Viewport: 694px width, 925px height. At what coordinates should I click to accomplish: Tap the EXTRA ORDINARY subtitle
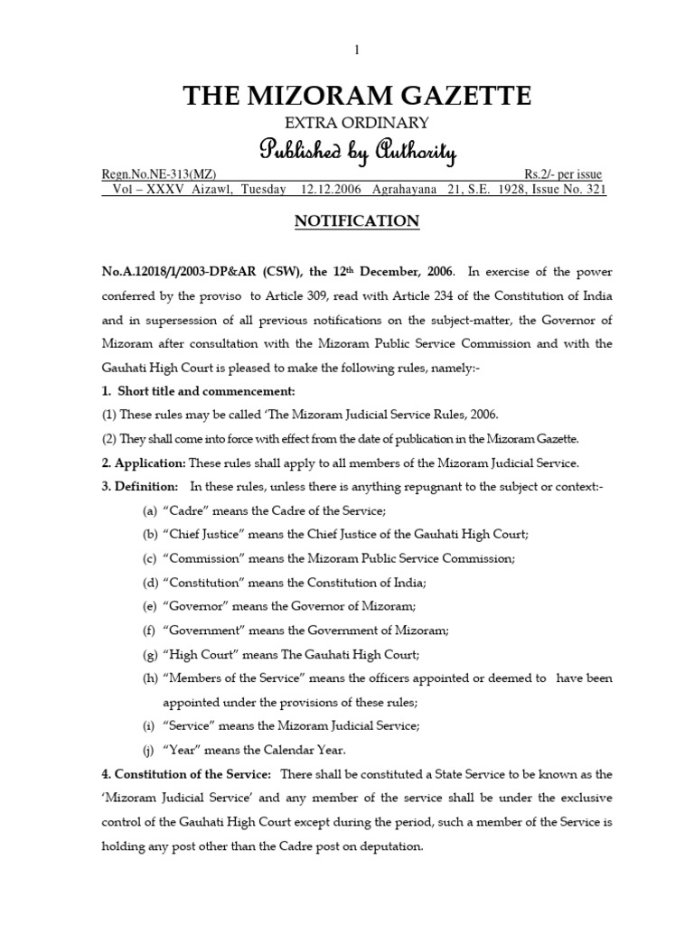coord(357,123)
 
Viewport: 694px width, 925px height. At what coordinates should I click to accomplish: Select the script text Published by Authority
coord(357,150)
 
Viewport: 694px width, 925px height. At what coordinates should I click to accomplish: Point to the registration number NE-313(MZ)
coord(158,174)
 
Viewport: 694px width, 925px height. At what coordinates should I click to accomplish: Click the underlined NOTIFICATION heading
coord(357,221)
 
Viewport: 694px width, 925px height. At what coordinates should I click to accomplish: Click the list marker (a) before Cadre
coord(150,510)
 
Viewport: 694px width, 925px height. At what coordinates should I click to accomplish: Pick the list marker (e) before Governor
coord(150,606)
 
